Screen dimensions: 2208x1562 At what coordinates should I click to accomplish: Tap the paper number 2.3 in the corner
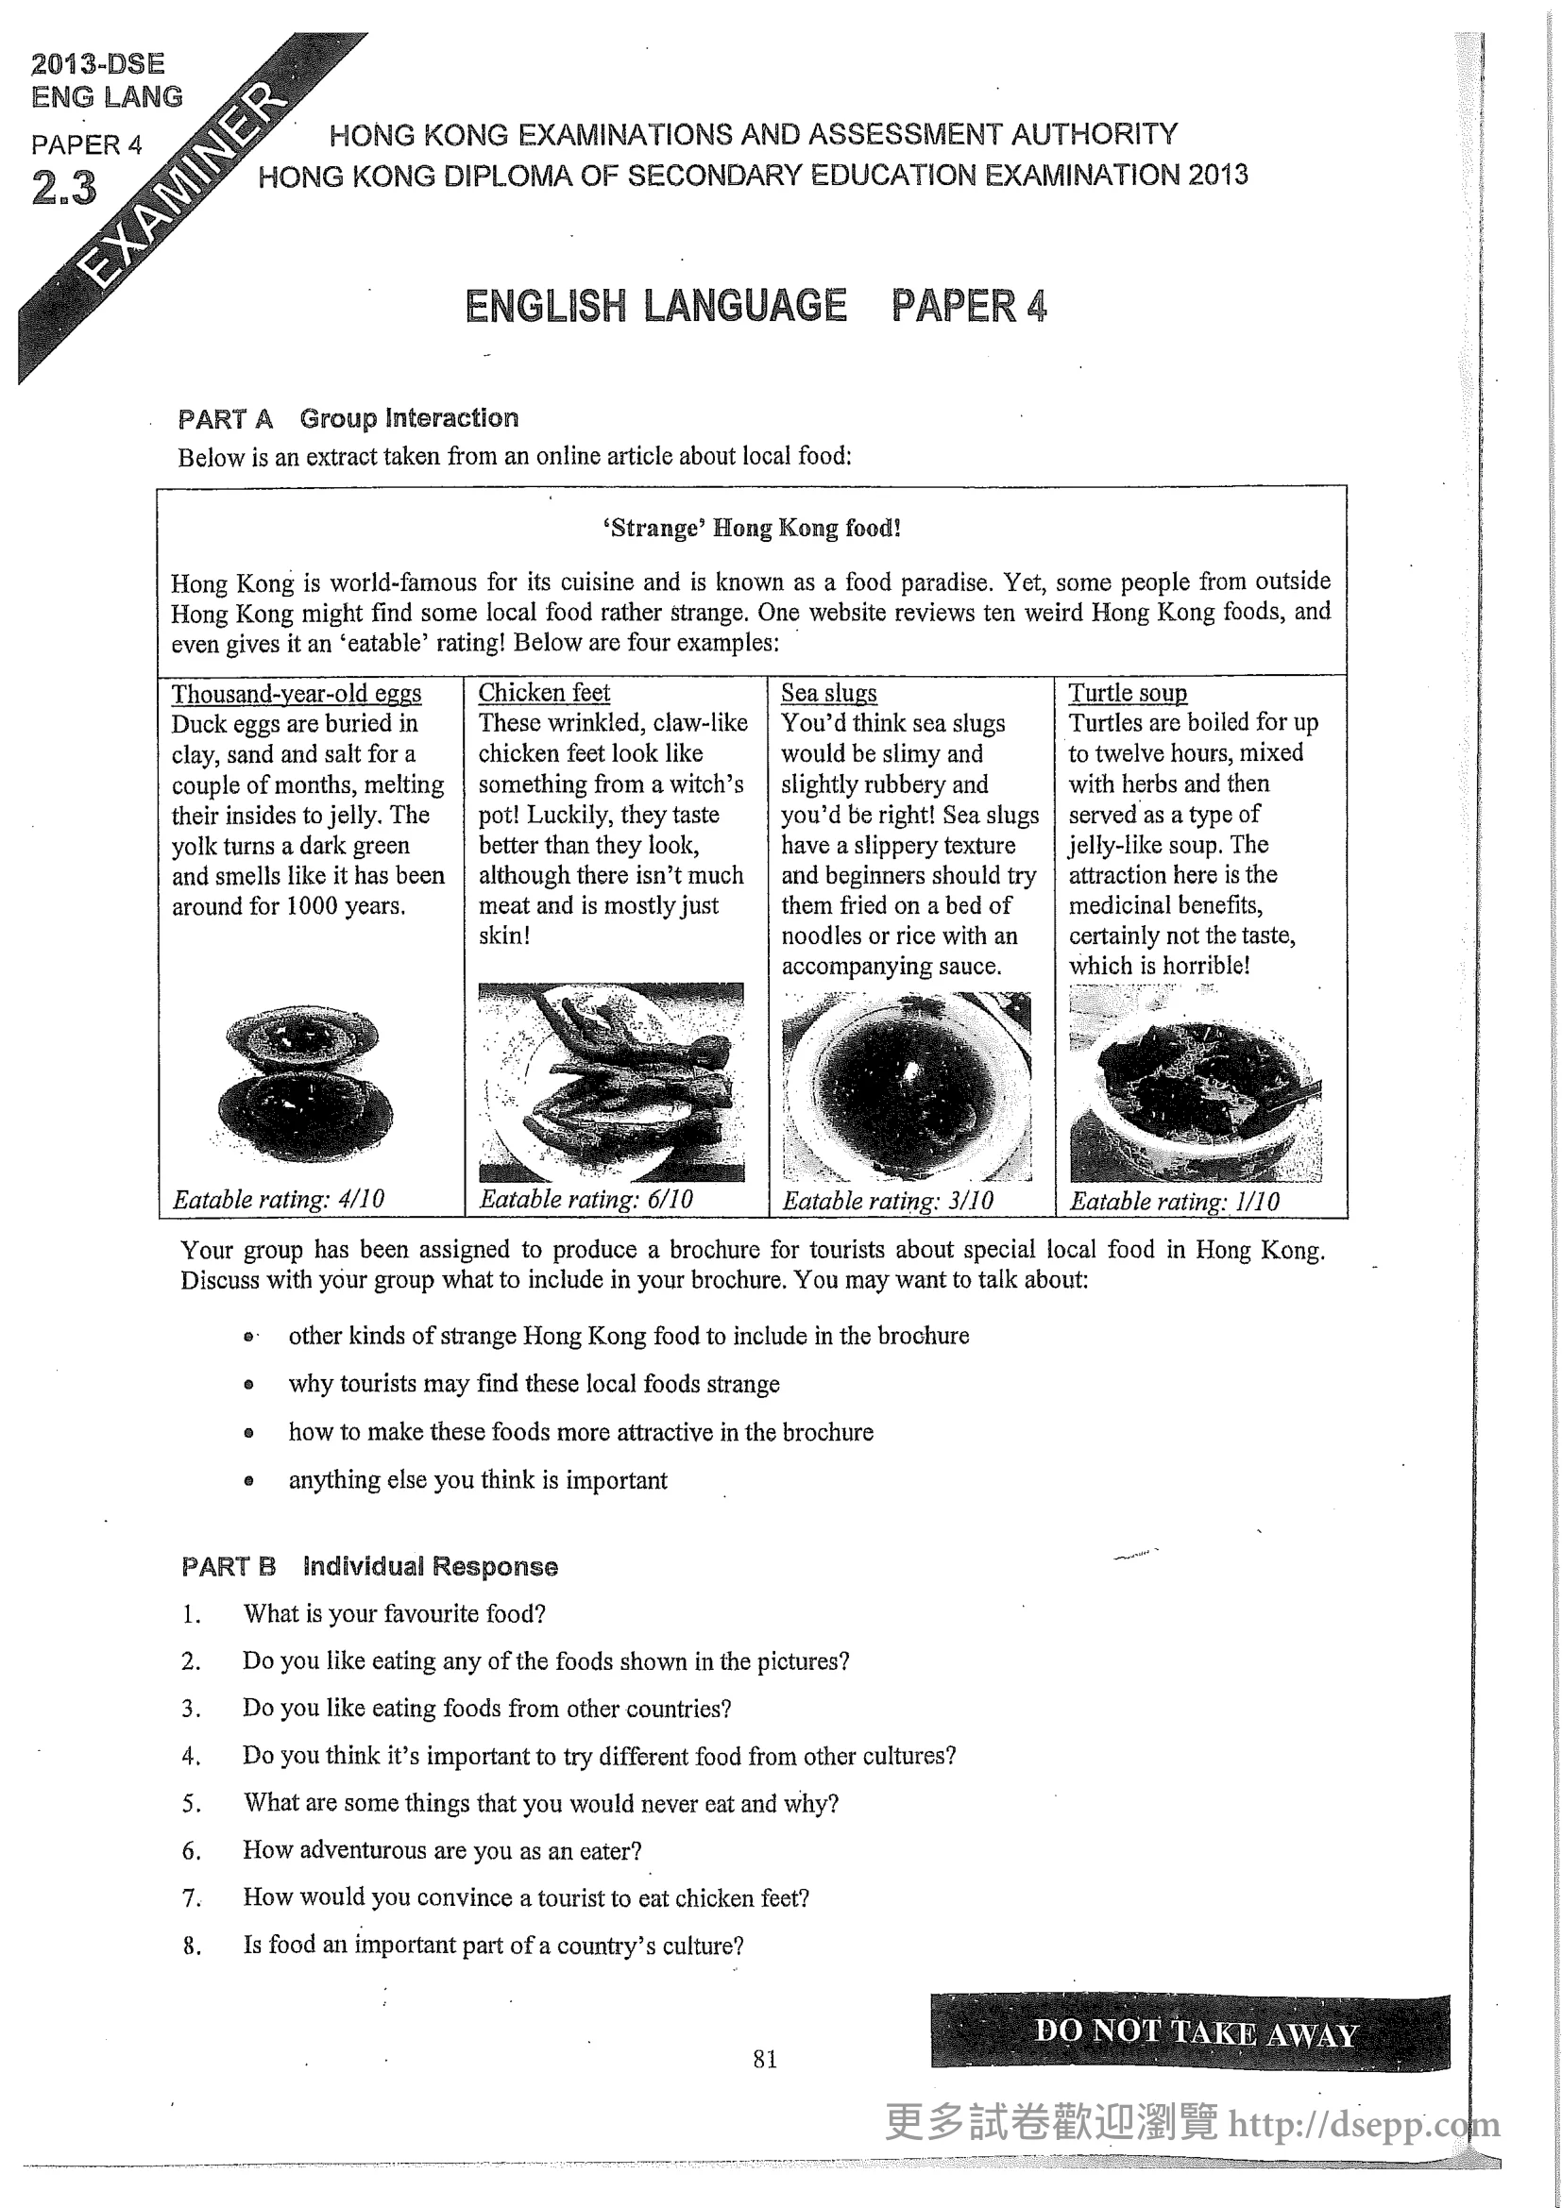pos(63,188)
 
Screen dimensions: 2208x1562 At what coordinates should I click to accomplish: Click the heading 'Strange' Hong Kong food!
pos(751,528)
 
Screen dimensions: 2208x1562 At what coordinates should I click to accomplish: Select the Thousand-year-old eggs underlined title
pos(297,694)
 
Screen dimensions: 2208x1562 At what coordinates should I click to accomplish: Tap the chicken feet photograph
pos(611,1082)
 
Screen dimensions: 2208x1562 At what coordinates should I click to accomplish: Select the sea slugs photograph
pos(906,1085)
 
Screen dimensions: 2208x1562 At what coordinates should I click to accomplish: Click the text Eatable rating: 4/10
pos(278,1199)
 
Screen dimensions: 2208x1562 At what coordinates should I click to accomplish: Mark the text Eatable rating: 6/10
pos(586,1199)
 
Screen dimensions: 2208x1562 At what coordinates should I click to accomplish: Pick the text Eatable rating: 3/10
pos(887,1200)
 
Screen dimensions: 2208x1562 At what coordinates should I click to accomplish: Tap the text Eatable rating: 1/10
pos(1175,1201)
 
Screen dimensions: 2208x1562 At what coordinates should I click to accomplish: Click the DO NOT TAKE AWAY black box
pos(1190,2032)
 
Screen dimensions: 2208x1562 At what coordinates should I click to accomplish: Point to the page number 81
pos(765,2059)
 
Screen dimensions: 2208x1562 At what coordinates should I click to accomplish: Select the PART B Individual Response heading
pos(369,1567)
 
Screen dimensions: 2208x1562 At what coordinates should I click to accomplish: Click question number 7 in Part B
pos(192,1898)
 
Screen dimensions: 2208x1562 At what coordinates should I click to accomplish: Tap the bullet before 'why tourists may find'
pos(249,1385)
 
